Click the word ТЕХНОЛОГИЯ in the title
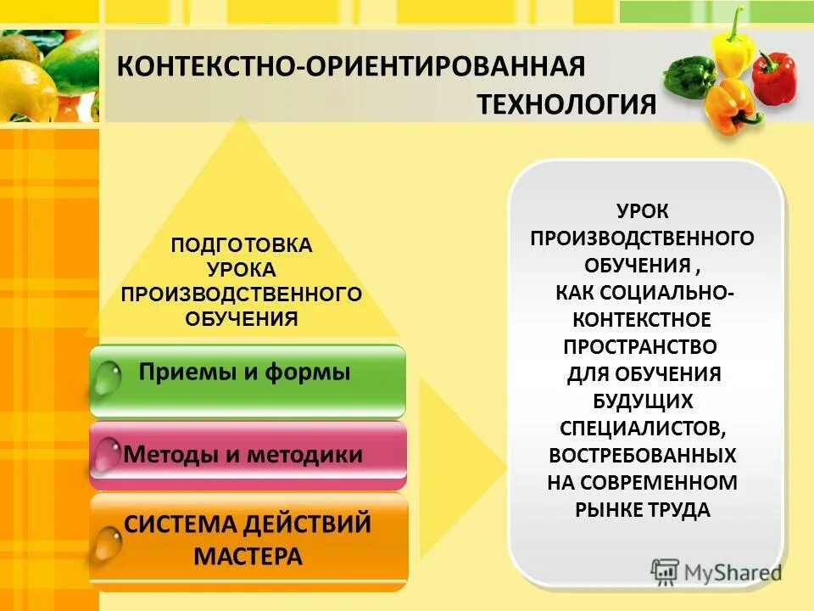[x=566, y=104]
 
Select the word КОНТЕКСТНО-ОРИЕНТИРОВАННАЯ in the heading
[x=349, y=66]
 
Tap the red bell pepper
[x=775, y=78]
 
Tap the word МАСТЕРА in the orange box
[x=248, y=557]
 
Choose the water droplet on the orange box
[x=108, y=544]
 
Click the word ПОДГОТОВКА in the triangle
[x=242, y=245]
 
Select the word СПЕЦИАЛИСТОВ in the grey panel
[x=641, y=429]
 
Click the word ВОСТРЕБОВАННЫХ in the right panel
[x=642, y=455]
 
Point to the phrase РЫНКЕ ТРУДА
[x=642, y=510]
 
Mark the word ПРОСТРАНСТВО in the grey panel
[x=640, y=346]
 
